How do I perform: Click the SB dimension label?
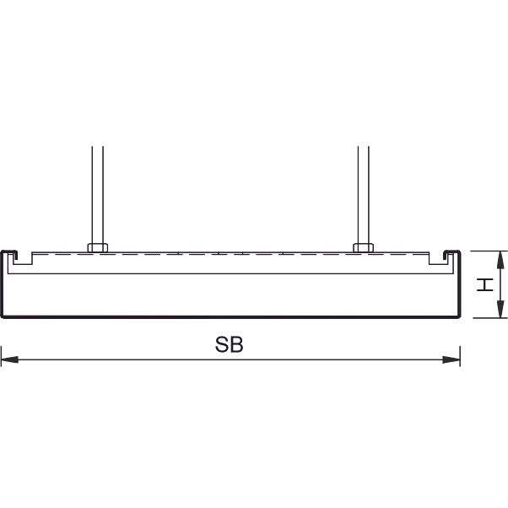click(x=229, y=344)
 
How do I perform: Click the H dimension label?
click(x=485, y=284)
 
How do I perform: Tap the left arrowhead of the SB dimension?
click(x=10, y=359)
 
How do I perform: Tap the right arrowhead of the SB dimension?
click(x=451, y=359)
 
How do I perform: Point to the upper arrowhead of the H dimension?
click(x=500, y=260)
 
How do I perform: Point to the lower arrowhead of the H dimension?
click(x=500, y=309)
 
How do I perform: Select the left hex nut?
click(x=98, y=247)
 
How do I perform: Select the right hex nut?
click(x=363, y=247)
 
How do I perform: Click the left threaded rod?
click(x=98, y=195)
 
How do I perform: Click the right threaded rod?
click(x=363, y=195)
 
